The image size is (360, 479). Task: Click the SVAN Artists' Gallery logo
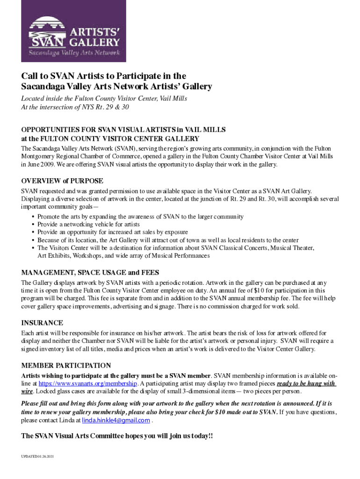(73, 31)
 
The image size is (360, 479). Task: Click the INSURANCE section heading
(42, 323)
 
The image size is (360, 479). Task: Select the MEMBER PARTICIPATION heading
(66, 365)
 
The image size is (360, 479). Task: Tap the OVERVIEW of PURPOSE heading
(62, 181)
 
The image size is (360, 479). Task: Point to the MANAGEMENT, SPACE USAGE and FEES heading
(90, 272)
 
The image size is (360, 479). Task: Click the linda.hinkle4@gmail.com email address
(116, 420)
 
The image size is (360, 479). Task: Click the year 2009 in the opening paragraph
(48, 164)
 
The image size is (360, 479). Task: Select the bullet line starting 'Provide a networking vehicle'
(88, 225)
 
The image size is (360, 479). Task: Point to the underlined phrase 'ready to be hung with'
(306, 384)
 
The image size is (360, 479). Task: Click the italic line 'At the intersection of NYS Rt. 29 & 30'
(75, 107)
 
